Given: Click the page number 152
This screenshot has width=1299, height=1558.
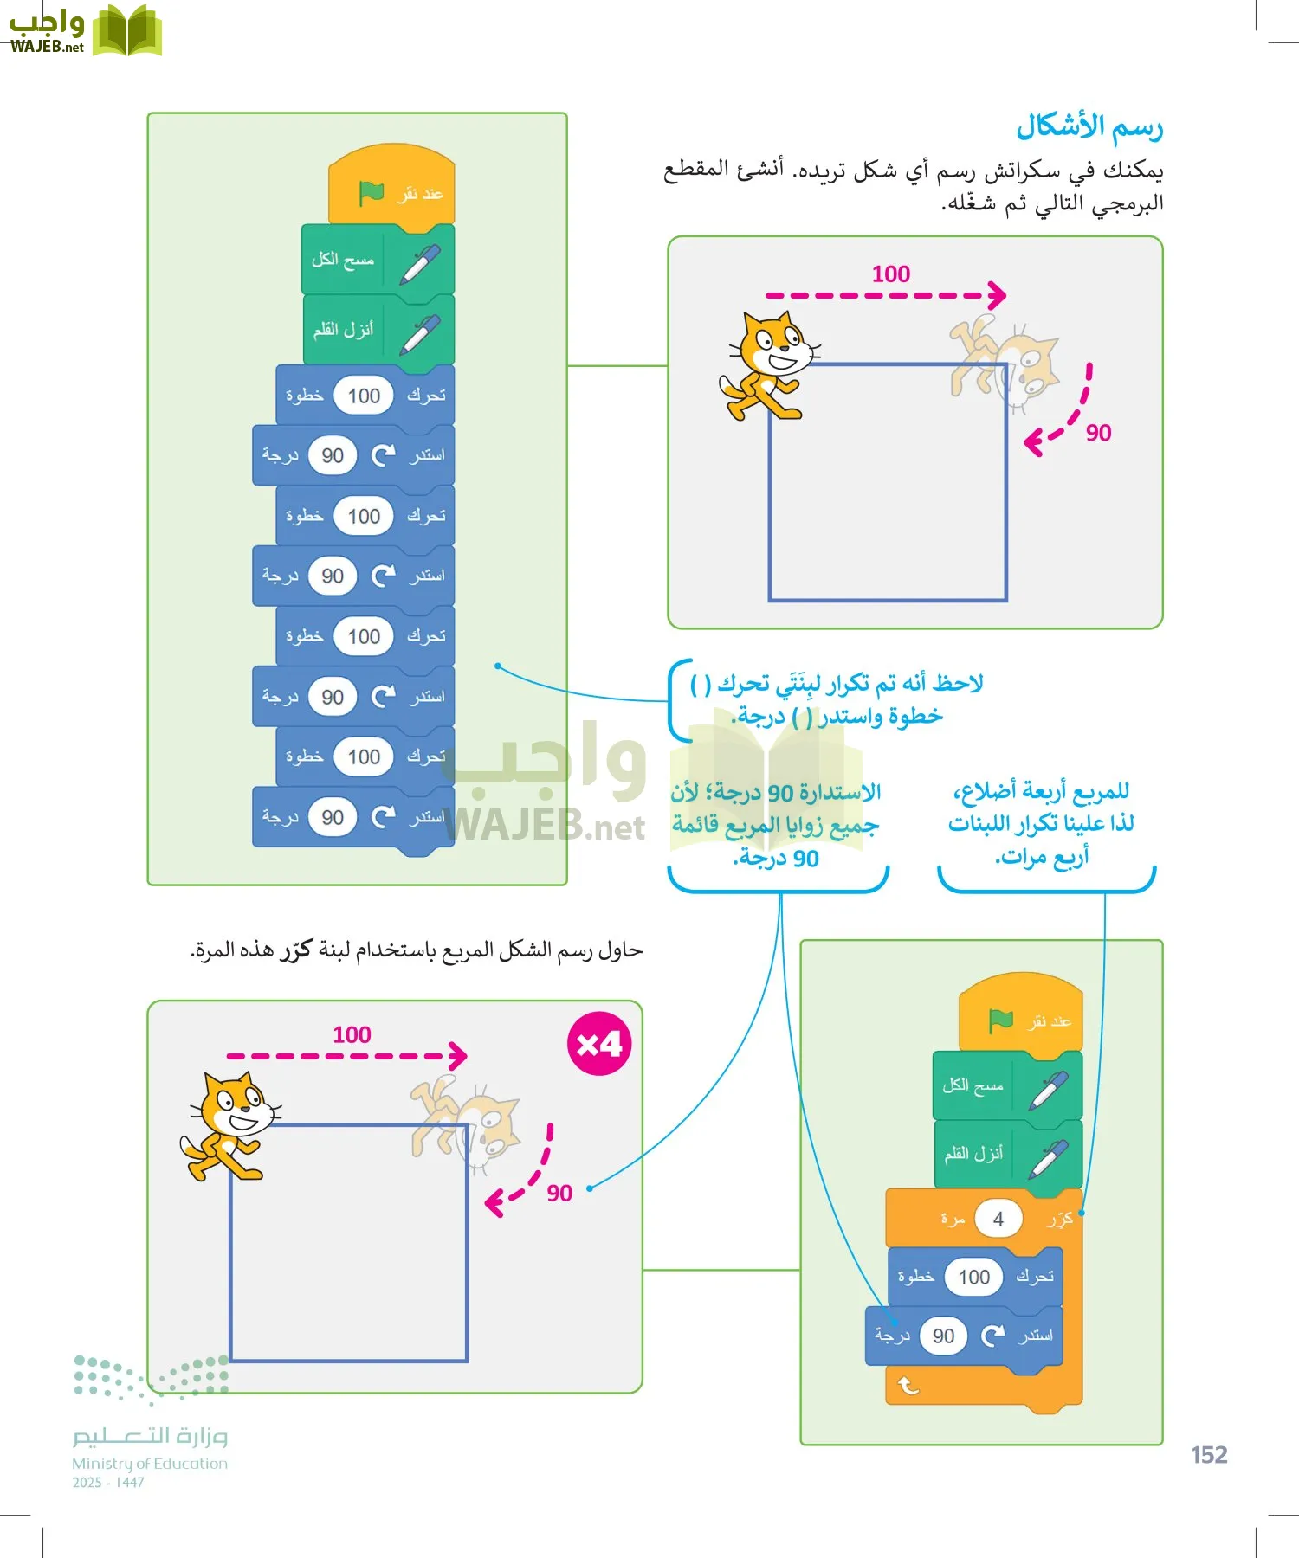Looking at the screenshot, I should pos(1209,1455).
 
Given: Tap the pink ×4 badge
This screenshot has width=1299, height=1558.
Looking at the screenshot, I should pos(599,1044).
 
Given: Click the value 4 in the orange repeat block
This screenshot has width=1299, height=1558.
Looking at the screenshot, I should pos(998,1219).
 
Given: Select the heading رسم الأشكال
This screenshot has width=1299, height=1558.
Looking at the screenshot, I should pos(1089,126).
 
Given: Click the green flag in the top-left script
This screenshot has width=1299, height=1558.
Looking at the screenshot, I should pos(372,192).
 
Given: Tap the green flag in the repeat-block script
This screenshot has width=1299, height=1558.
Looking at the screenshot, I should pos(1001,1020).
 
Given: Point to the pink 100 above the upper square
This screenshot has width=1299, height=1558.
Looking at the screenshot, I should pos(890,274).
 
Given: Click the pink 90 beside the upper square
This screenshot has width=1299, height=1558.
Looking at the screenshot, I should pos(1098,433).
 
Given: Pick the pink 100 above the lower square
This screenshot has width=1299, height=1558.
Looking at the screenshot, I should pos(352,1035).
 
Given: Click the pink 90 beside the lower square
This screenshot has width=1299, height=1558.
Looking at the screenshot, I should pos(559,1194).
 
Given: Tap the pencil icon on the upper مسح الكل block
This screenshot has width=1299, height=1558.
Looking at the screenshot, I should pos(420,262).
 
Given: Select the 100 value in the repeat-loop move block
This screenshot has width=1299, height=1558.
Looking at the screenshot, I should pos(973,1277).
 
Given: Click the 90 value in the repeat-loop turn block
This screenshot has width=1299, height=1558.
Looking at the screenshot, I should pos(943,1336).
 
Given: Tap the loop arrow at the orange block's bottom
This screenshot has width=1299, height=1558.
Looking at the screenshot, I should pos(908,1386).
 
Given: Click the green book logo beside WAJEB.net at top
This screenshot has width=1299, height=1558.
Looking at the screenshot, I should pos(127,31).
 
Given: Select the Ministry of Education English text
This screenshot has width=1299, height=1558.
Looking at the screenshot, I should pos(150,1464).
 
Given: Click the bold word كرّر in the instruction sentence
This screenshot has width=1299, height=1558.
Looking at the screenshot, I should pos(295,950).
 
